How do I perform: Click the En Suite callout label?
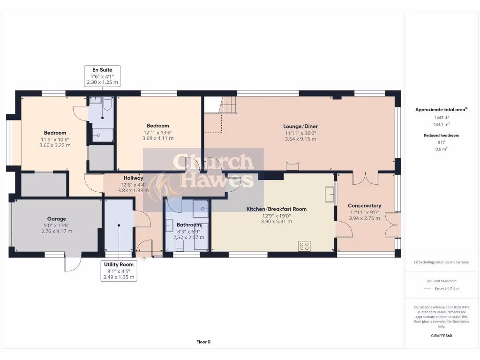click(102, 70)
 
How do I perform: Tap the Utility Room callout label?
click(119, 264)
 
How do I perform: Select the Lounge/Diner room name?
click(300, 126)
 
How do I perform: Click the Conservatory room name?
click(364, 206)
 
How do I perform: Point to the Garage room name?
click(56, 219)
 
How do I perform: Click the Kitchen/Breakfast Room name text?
click(277, 209)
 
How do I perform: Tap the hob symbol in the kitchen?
click(304, 246)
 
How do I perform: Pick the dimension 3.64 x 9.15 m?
click(300, 138)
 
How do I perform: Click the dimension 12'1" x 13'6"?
click(158, 132)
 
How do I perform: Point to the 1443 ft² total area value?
click(441, 117)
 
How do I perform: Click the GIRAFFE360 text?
click(442, 336)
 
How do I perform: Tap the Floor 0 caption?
click(203, 342)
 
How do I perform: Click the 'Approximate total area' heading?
click(441, 110)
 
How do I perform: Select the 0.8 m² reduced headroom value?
click(441, 149)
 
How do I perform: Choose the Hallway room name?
click(134, 178)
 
